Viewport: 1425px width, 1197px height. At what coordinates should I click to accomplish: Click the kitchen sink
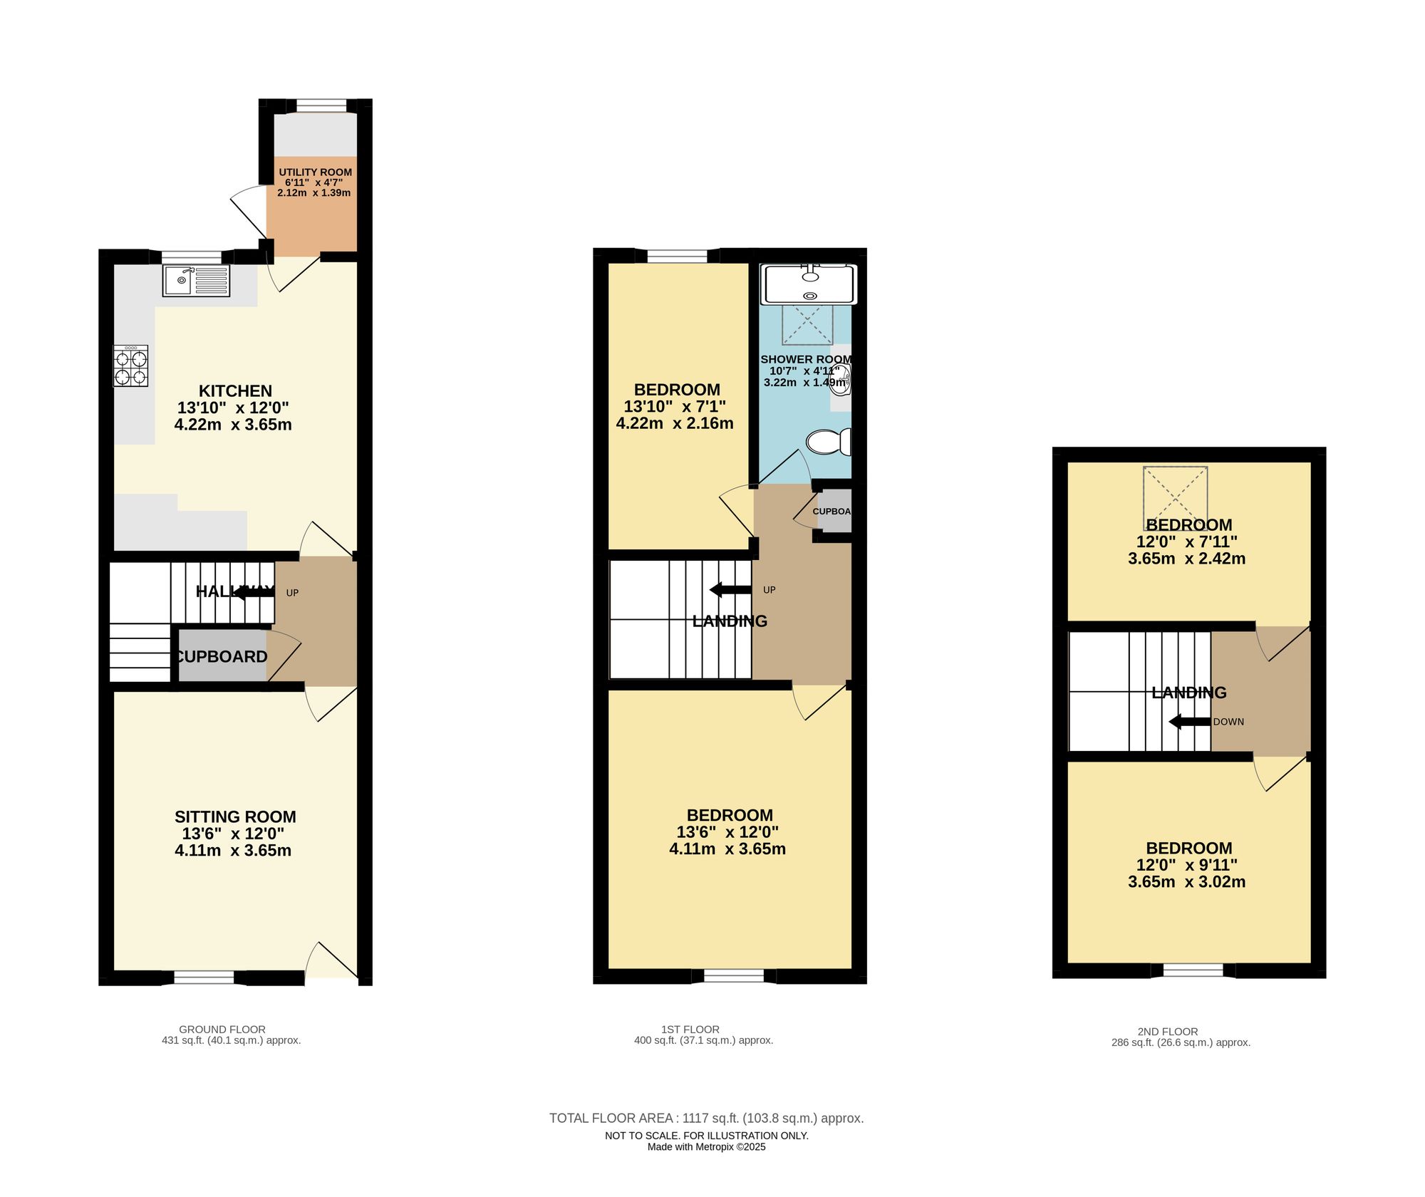click(x=196, y=281)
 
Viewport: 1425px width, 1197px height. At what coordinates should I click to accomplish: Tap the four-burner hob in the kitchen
click(x=130, y=366)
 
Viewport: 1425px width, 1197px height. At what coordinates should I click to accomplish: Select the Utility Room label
click(x=315, y=172)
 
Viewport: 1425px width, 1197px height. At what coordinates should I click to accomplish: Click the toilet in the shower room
click(x=828, y=442)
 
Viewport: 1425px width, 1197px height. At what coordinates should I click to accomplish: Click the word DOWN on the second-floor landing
click(x=1228, y=722)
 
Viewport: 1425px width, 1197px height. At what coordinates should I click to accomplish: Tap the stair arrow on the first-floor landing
click(x=730, y=589)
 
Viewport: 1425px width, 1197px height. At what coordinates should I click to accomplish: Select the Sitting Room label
click(x=235, y=817)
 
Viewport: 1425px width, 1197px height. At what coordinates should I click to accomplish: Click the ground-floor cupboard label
click(x=222, y=657)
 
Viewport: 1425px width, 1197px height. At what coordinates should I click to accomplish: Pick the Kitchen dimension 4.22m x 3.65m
click(x=233, y=425)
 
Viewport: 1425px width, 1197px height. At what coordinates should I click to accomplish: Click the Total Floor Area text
click(x=706, y=1118)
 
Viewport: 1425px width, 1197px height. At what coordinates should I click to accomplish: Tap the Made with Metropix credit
click(x=706, y=1146)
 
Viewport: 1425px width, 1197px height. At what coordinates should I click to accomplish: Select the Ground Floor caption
click(x=222, y=1029)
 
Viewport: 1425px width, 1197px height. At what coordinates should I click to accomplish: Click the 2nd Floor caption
click(x=1168, y=1031)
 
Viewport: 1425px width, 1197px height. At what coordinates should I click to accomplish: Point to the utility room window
click(x=321, y=106)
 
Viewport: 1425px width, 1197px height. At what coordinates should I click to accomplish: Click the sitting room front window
click(x=204, y=977)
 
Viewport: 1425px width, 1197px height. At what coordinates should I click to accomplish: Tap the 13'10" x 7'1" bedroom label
click(x=675, y=406)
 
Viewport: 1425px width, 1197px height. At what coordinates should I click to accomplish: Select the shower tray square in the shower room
click(x=807, y=325)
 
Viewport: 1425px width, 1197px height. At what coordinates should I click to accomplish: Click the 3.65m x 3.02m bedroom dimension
click(x=1186, y=881)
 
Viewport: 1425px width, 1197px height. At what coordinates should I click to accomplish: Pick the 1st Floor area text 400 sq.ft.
click(x=703, y=1040)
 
